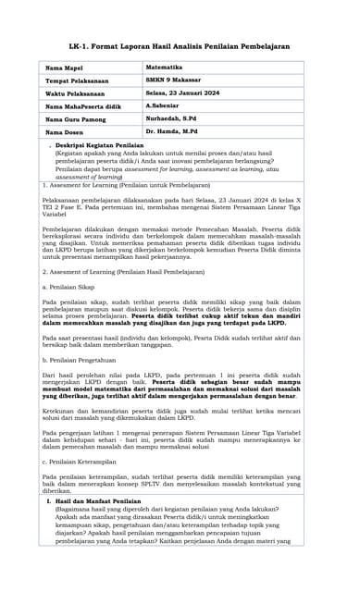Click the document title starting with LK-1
(x=180, y=45)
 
